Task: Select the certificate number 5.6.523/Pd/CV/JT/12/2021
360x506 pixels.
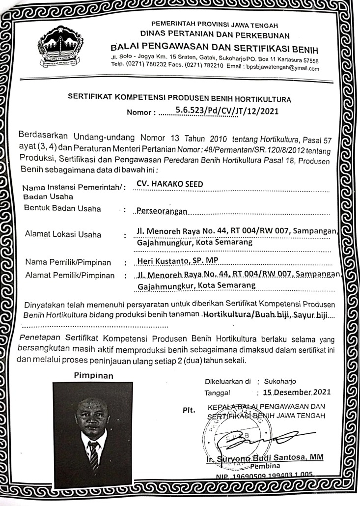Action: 227,111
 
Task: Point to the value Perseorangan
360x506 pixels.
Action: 162,211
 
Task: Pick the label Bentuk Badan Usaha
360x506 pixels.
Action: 62,209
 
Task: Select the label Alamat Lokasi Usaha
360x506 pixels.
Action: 63,234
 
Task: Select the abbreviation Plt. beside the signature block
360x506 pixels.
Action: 190,409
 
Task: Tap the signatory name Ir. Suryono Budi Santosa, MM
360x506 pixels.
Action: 264,458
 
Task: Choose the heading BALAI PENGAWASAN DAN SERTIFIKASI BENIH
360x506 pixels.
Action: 215,49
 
